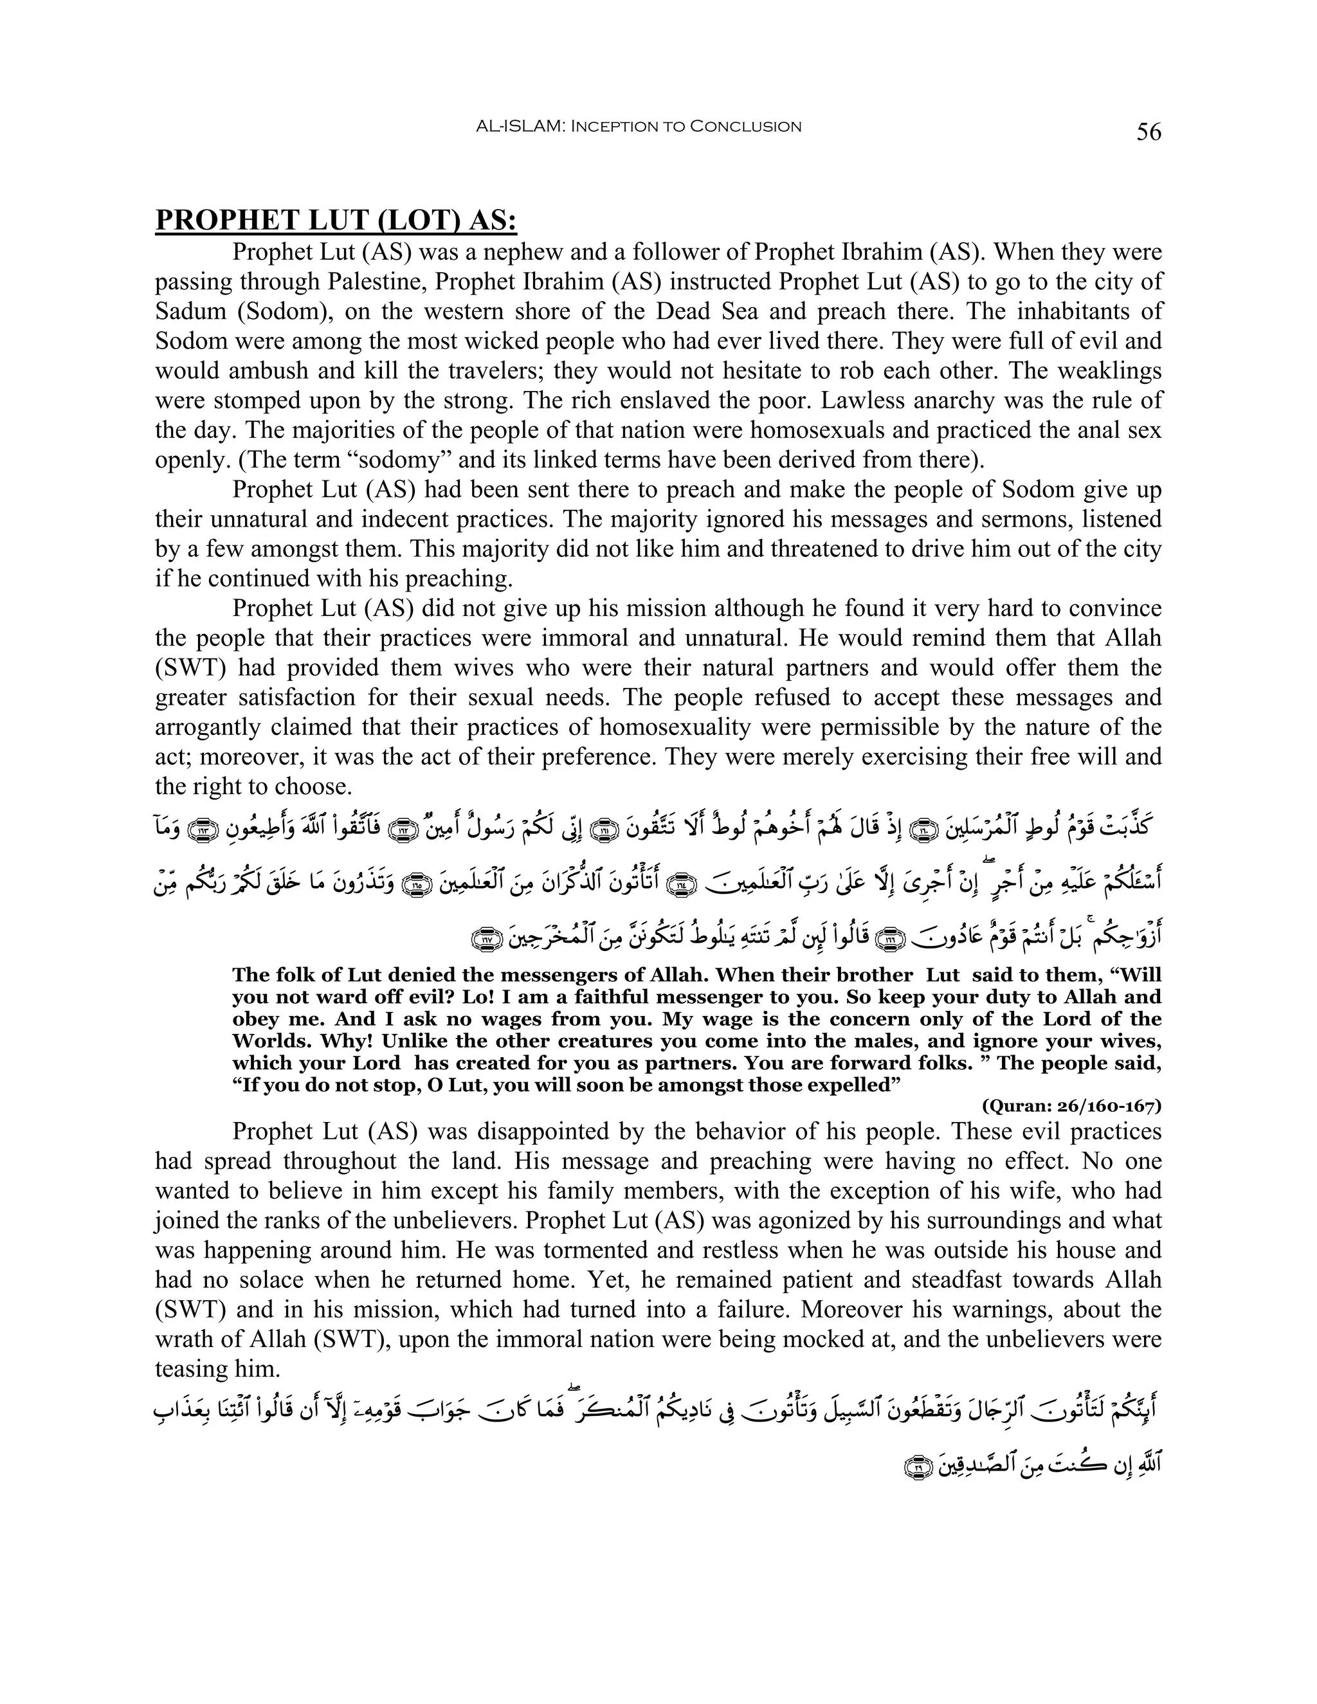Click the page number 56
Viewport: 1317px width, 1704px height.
(x=1149, y=132)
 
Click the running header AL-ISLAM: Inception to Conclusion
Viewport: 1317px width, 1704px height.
(x=638, y=127)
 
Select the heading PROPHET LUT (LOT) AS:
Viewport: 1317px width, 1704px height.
(x=336, y=221)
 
